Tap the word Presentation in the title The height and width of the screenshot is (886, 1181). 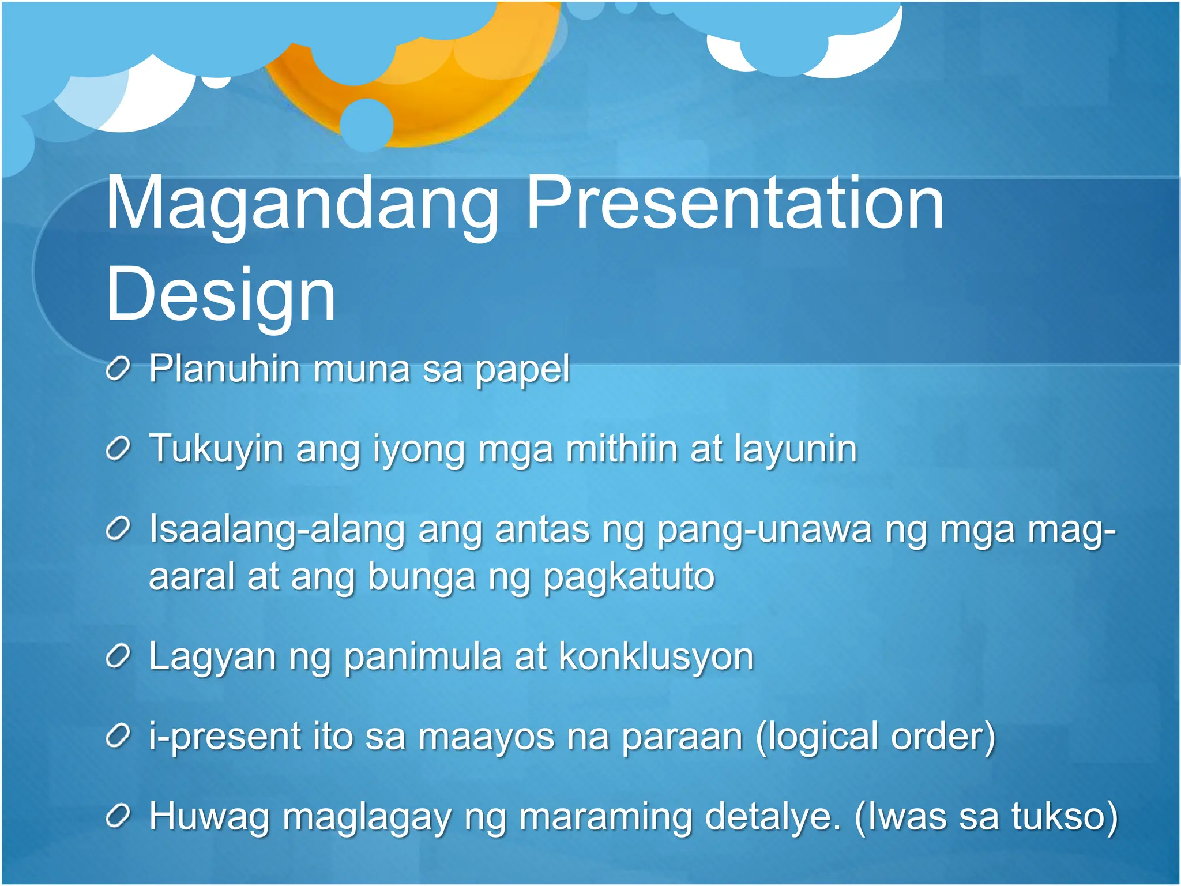click(x=735, y=205)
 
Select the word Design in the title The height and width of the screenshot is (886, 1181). click(x=221, y=295)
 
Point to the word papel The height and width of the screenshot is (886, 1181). click(x=522, y=370)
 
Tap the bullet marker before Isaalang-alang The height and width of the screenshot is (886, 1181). click(x=118, y=530)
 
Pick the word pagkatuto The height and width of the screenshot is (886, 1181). click(x=629, y=577)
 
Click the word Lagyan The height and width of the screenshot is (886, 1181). click(x=212, y=658)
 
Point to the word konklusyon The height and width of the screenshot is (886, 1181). click(x=656, y=656)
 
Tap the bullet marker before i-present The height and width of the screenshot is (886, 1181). click(x=118, y=737)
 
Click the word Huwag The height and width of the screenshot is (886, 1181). click(x=209, y=817)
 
